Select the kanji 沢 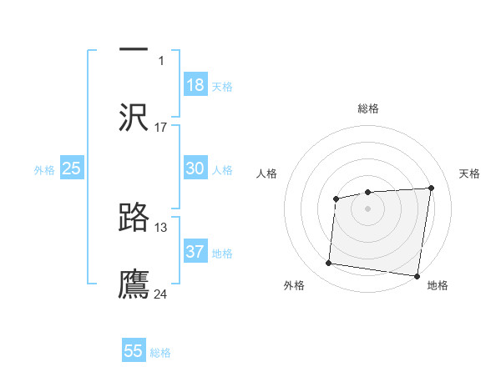point(134,117)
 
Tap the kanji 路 point(134,217)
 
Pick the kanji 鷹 point(134,284)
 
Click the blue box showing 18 point(195,85)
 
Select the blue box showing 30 point(195,168)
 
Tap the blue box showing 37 point(195,252)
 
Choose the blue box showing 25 point(72,168)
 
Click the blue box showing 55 point(134,351)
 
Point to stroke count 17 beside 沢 point(161,128)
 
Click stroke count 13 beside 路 point(161,227)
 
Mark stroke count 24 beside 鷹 point(161,294)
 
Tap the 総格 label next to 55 point(160,353)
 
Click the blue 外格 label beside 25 point(44,170)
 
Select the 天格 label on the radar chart point(470,173)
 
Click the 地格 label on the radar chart point(438,286)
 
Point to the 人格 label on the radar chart point(266,173)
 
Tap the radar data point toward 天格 point(431,188)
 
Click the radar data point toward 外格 point(328,264)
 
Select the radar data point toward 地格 point(416,275)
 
